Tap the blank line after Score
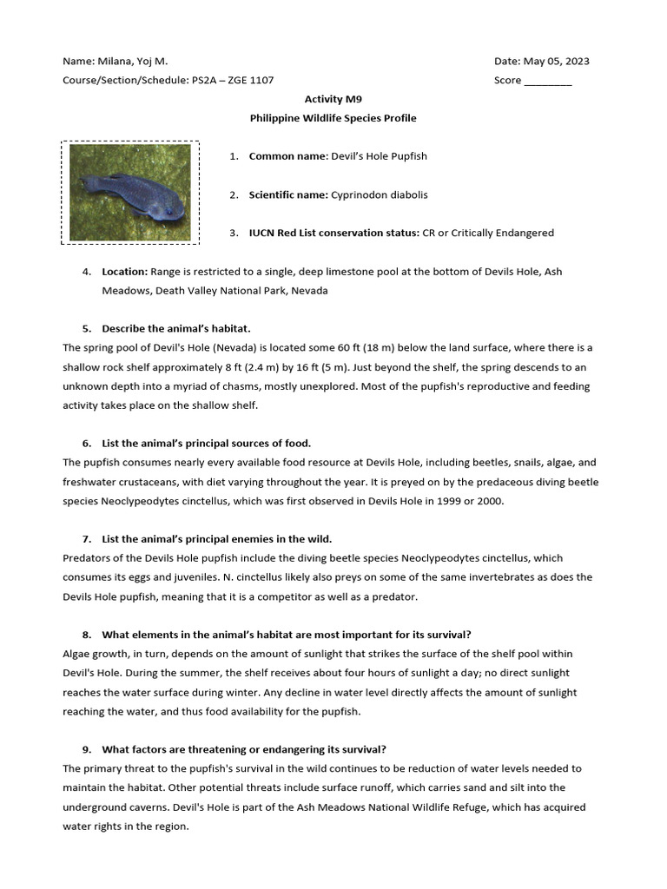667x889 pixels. pyautogui.click(x=549, y=81)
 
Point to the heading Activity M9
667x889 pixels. pyautogui.click(x=333, y=100)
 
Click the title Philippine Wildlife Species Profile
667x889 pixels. pyautogui.click(x=333, y=118)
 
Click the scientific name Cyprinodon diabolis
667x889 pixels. pyautogui.click(x=379, y=194)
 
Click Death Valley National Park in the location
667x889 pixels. pyautogui.click(x=255, y=291)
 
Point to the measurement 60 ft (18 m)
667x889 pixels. pyautogui.click(x=324, y=347)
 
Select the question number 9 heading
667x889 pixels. pyautogui.click(x=243, y=749)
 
